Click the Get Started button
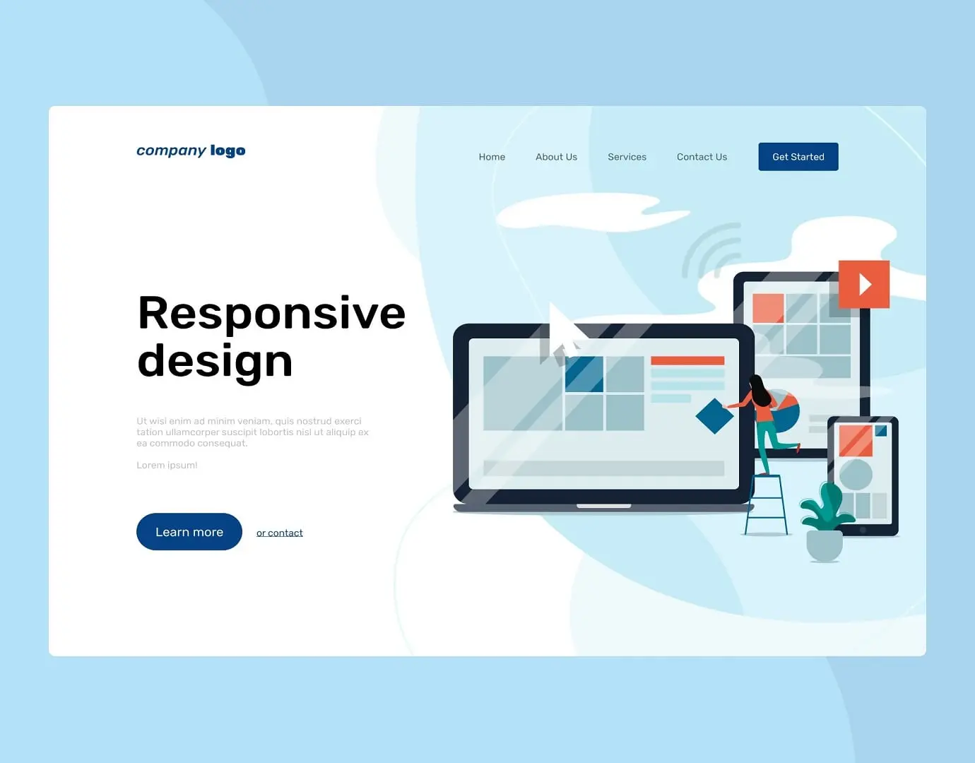coord(798,157)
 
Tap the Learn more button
coord(189,532)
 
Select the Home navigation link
coord(492,157)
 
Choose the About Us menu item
coord(556,157)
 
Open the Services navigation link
coord(627,157)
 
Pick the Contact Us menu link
coord(702,157)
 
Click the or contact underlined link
coord(279,533)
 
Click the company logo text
coord(191,150)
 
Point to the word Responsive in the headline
coord(271,313)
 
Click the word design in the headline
coord(215,361)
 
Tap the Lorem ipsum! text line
coord(167,465)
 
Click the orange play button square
coord(863,284)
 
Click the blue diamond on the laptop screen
coord(714,416)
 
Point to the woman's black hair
coord(758,389)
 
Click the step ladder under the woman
coord(766,504)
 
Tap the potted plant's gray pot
coord(825,545)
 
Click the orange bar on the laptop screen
coord(687,360)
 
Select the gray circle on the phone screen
coord(855,474)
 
